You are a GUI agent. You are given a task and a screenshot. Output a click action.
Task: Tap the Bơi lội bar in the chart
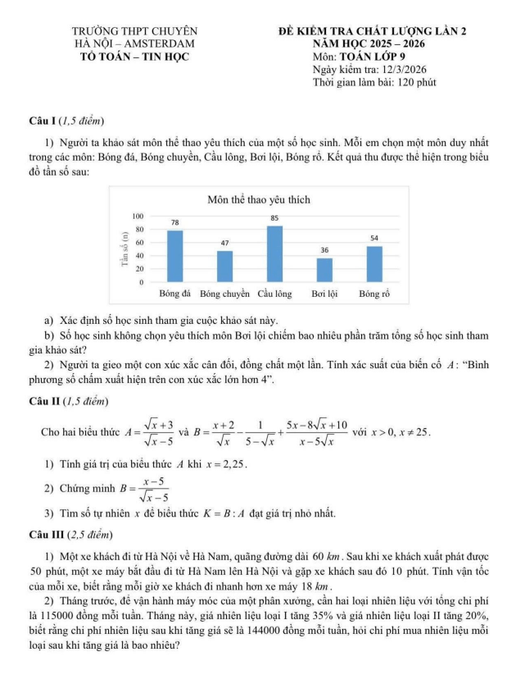coord(324,270)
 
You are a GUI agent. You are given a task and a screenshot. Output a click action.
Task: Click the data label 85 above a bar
coord(274,218)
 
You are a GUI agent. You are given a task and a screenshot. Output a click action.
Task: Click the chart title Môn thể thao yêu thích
coord(259,199)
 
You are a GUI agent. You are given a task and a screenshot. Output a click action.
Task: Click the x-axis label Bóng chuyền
coord(224,293)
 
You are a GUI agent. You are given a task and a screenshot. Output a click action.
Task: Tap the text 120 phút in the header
coord(410,82)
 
